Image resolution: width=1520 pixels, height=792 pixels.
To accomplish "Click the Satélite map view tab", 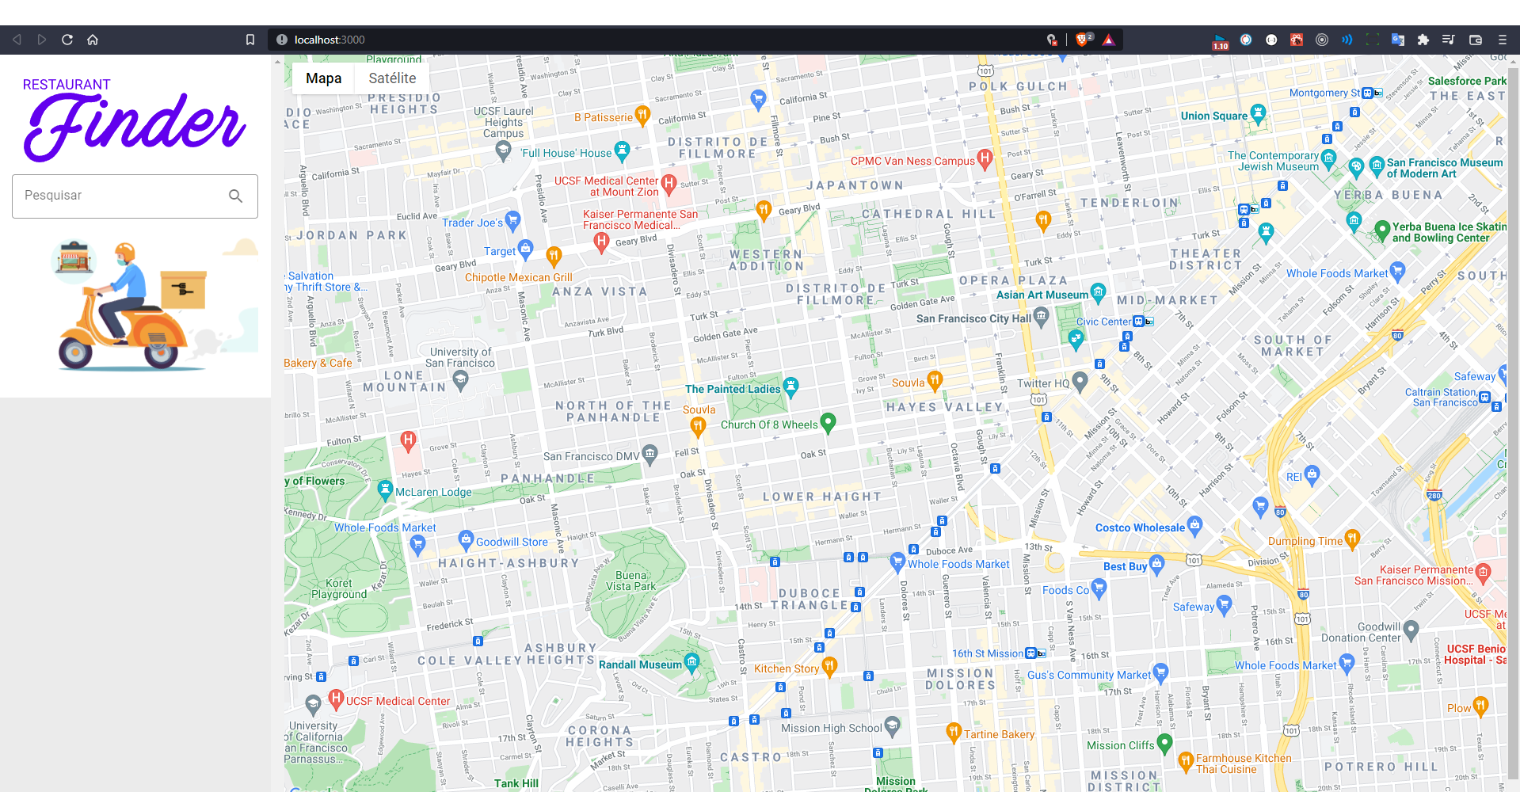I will click(392, 78).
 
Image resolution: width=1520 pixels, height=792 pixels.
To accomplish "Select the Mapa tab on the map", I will click(323, 78).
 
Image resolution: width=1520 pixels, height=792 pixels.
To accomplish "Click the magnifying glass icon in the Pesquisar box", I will click(235, 196).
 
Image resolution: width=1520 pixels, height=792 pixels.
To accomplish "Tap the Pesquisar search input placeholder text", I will click(53, 196).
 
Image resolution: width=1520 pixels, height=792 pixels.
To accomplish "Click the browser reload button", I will click(67, 40).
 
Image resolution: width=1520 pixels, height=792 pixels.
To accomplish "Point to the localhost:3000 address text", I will click(330, 40).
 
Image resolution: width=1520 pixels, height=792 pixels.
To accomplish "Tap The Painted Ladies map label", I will click(733, 389).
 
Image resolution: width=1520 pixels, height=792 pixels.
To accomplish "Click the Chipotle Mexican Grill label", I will click(518, 277).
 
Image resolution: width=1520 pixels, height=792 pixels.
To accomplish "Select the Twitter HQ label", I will click(1042, 383).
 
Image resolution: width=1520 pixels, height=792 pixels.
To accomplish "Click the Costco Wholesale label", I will click(1140, 527).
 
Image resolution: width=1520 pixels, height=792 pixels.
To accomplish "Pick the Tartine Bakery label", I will click(999, 734).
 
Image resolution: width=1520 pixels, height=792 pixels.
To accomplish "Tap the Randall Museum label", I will click(639, 664).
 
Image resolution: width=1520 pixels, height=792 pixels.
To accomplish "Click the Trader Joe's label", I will click(472, 223).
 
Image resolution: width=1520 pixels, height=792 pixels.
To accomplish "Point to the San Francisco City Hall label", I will click(973, 318).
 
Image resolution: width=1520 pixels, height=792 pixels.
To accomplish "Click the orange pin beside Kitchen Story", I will click(829, 666).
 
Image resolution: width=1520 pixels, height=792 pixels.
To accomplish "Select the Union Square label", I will click(1213, 116).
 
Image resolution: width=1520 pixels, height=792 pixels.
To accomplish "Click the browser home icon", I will click(93, 40).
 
